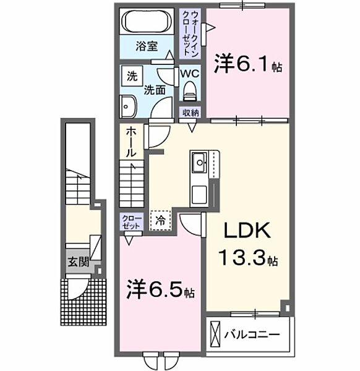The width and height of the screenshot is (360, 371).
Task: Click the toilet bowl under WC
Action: [x=189, y=92]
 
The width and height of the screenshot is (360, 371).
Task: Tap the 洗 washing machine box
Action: [x=131, y=77]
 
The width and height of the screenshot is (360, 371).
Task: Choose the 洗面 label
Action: [x=154, y=89]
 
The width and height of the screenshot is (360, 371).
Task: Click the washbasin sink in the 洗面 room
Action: [x=128, y=106]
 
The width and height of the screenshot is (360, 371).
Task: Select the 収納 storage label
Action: [x=191, y=113]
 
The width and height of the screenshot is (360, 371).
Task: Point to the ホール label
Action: [x=132, y=142]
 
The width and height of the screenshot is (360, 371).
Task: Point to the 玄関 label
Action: [x=78, y=262]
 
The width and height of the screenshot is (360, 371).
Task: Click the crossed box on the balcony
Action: [x=215, y=334]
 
